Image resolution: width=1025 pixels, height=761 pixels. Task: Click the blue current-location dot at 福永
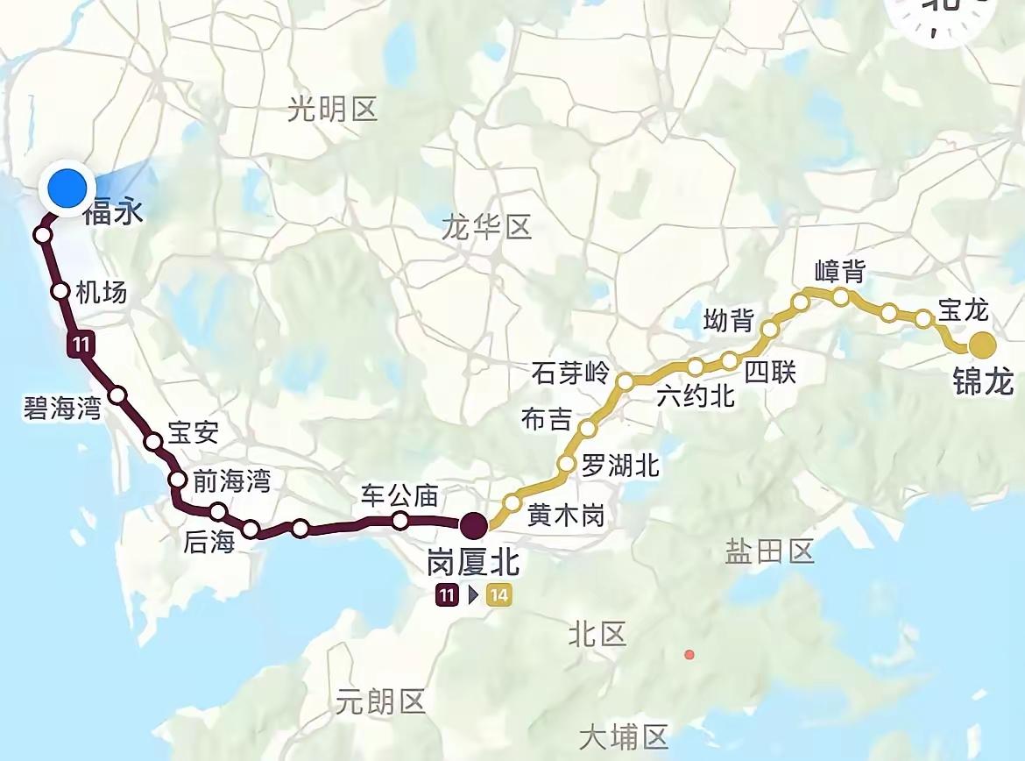click(67, 188)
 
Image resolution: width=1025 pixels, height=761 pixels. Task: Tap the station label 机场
click(101, 292)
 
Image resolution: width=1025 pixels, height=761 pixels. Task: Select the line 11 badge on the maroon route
click(81, 345)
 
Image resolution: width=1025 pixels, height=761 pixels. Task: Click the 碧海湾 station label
click(62, 408)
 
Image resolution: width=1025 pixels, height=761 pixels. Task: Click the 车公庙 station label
click(399, 496)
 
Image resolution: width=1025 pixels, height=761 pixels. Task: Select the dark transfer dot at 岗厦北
click(473, 525)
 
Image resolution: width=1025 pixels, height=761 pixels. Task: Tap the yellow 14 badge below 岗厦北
click(499, 596)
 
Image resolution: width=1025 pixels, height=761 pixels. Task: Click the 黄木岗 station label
click(566, 516)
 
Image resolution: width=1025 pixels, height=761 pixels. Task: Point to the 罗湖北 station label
click(620, 466)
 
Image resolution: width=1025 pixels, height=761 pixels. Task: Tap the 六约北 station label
click(696, 396)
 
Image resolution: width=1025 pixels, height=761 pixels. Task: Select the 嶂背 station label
click(838, 272)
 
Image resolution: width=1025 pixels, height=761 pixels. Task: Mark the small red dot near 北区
click(690, 655)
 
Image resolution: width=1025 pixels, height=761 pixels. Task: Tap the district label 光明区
click(332, 110)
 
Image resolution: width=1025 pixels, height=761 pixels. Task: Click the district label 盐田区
click(770, 551)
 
